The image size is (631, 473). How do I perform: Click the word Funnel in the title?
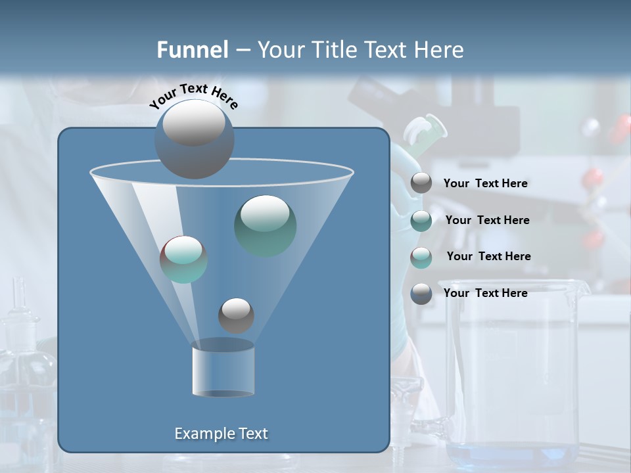tap(193, 49)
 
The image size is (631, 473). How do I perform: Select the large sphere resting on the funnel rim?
tap(194, 139)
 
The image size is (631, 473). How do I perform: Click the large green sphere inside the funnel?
tap(265, 225)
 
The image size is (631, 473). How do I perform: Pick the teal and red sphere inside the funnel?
tap(183, 259)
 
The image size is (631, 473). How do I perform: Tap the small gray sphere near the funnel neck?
tap(236, 315)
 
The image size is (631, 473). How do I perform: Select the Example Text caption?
tap(222, 434)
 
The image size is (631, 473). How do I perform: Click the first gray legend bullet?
tap(421, 183)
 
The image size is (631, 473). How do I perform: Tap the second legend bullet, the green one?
tap(421, 221)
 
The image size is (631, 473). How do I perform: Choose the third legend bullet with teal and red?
tap(421, 258)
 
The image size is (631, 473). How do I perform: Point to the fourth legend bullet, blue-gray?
tap(421, 294)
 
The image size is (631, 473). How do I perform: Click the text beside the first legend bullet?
tap(485, 183)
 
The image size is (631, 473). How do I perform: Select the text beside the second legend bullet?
tap(487, 220)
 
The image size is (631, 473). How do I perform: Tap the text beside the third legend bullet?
tap(488, 256)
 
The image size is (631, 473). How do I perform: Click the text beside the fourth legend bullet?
tap(485, 293)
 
